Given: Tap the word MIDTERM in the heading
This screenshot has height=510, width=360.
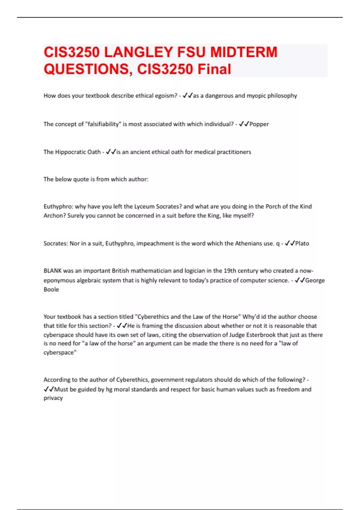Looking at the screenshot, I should point(244,52).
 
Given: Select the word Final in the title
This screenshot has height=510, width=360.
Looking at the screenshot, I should point(214,69).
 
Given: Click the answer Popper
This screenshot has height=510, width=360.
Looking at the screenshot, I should point(259,124).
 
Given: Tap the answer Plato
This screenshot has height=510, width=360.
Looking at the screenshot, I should point(302,243).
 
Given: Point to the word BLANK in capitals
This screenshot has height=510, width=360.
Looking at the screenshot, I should point(52,271).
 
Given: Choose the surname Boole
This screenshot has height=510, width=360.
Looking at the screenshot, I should point(51,289).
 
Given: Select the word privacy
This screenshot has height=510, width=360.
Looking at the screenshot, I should point(53,398).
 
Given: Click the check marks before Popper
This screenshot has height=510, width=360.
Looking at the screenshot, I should point(244,124).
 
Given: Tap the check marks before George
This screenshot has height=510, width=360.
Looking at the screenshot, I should point(300,280).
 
